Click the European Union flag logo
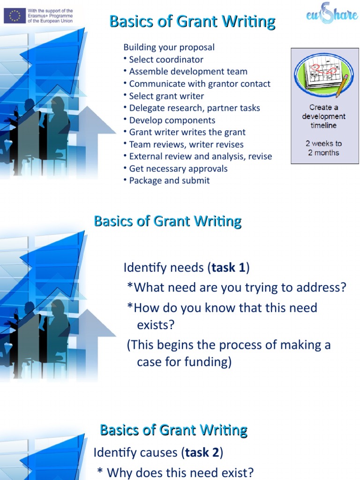coord(15,16)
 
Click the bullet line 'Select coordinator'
coord(166,60)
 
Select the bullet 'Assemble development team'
coord(188,72)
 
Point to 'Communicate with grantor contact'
coord(200,84)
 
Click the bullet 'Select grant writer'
coord(166,96)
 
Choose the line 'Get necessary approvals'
coord(178,169)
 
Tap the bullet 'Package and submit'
coord(169,181)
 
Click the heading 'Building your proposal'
coord(169,47)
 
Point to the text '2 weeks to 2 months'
coord(324,148)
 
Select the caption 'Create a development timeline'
coord(324,116)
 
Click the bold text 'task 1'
coord(228,268)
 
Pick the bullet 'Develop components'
coord(172,120)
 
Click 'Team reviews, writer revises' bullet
coord(186,144)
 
